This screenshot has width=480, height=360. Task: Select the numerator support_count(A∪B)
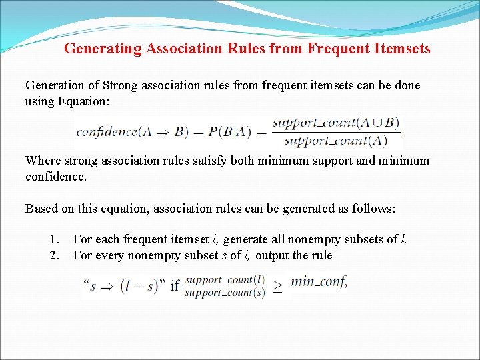tap(335, 123)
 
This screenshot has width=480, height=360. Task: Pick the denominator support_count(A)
tap(335, 141)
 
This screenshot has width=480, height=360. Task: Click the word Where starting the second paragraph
tap(41, 161)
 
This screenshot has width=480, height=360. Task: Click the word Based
tap(41, 209)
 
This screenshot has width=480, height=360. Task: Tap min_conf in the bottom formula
tap(319, 282)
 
